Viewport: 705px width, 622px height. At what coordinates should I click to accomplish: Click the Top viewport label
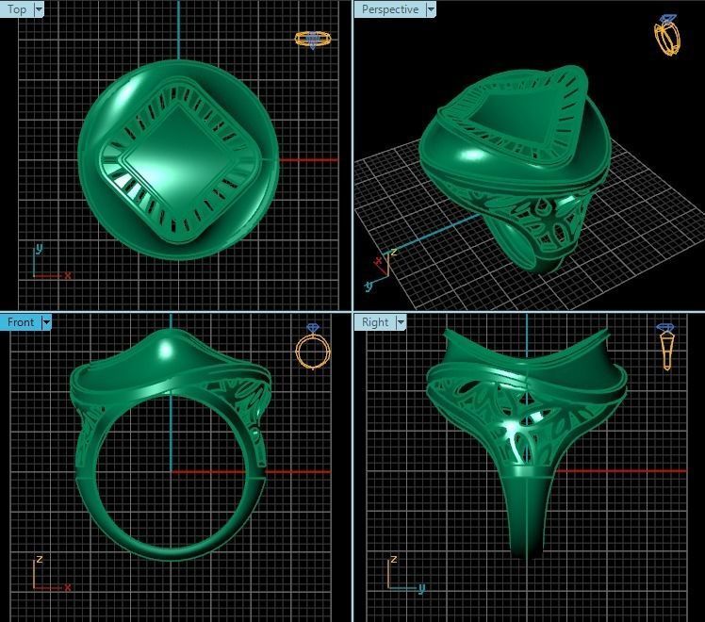coord(17,9)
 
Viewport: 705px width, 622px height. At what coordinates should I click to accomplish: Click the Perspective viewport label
coord(389,9)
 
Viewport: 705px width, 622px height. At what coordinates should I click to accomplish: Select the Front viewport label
coord(20,322)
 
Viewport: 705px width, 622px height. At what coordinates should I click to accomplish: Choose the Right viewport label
coord(375,322)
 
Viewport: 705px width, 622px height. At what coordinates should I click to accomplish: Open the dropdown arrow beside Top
coord(39,9)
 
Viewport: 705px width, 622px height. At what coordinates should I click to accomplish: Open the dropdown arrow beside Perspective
coord(431,9)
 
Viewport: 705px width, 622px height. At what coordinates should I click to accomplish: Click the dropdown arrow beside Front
coord(45,322)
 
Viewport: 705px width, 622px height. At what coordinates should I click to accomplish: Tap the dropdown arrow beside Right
coord(401,322)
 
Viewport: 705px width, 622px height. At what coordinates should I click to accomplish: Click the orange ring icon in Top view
coord(312,39)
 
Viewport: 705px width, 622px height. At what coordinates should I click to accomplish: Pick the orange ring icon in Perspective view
coord(667,35)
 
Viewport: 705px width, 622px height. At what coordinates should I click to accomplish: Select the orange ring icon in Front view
coord(312,348)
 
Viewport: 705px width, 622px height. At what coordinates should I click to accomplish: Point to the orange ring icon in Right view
coord(667,346)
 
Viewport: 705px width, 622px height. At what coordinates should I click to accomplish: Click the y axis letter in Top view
coord(39,250)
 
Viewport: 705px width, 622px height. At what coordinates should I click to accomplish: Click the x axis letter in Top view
coord(68,275)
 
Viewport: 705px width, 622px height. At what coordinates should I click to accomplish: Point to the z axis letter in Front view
coord(39,560)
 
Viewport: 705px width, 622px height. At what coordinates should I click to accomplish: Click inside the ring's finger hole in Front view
coord(170,471)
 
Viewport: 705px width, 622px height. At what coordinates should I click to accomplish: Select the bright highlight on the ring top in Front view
coord(167,349)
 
